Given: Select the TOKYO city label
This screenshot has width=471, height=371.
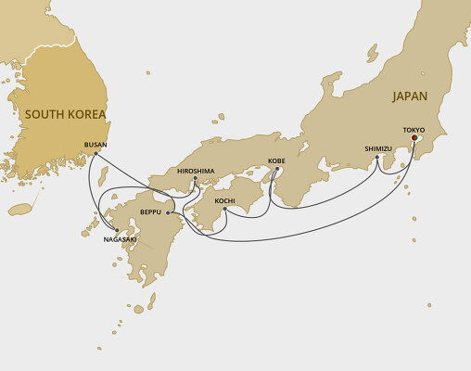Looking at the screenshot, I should coord(414,130).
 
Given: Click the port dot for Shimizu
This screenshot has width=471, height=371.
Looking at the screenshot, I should coord(377,158).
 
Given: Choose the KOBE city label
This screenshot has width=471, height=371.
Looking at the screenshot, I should coord(276,160).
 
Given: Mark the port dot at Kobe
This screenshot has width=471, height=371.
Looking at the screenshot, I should coord(276,169).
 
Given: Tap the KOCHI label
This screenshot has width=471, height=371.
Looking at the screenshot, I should coord(224,200).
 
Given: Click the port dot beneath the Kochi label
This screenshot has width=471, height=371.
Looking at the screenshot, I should coord(224,209).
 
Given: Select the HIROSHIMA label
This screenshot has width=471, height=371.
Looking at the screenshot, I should coord(195,171).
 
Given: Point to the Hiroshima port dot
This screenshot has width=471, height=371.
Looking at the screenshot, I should coord(195,179).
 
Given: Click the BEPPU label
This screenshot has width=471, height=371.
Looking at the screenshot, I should coord(150,212).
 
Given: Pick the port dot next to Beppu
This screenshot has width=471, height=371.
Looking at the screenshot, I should coord(168,212).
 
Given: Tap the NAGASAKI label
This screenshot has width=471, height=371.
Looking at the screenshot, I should coord(120,239).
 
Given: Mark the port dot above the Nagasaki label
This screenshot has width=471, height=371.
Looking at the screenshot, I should coord(117,230).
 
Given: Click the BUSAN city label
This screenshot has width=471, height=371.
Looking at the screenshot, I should coord(95,145).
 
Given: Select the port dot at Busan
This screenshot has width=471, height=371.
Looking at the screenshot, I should coord(95,154).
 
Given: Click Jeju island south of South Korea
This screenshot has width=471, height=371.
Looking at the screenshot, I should coord(20,210).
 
